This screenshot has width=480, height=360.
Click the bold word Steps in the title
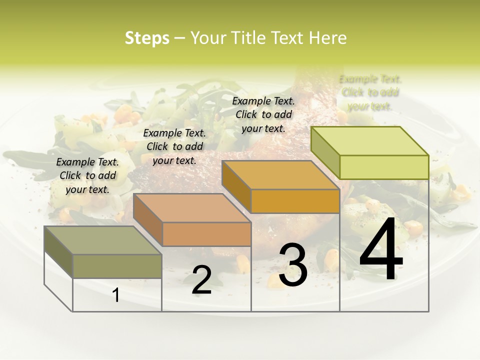[147, 38]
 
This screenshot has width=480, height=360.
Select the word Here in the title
[327, 38]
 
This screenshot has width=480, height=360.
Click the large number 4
[381, 250]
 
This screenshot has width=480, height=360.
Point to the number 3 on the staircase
[293, 265]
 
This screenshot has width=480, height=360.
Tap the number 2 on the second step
[201, 280]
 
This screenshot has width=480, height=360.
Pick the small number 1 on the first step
[116, 295]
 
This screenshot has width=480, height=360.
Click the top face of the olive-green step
[102, 240]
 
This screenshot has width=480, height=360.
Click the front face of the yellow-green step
[384, 167]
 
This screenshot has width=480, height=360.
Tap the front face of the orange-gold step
[295, 201]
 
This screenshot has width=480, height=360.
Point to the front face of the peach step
[206, 234]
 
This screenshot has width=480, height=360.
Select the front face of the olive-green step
[117, 266]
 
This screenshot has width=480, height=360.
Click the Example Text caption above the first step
[88, 175]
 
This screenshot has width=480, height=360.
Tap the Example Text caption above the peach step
[174, 146]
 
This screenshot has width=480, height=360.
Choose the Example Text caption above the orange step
[263, 114]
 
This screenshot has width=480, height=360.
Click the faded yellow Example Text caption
[370, 92]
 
